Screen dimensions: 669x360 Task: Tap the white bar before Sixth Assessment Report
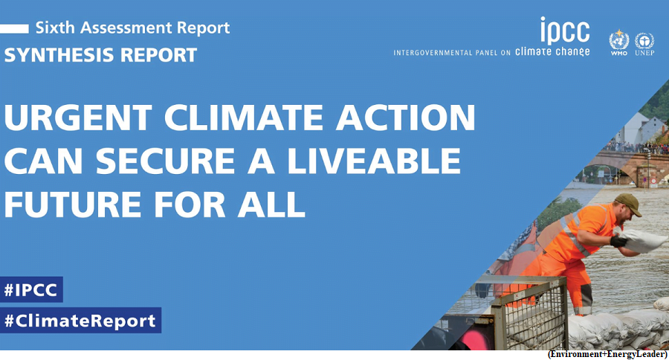click(14, 28)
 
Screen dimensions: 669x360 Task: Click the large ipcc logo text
click(565, 30)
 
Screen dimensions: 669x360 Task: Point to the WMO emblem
click(618, 42)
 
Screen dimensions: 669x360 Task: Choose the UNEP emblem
click(644, 44)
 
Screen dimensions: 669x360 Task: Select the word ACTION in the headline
click(405, 117)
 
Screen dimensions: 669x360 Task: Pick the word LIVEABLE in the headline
click(374, 161)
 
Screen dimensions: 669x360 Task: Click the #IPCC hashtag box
click(31, 289)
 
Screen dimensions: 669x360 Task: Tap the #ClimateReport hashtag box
click(80, 321)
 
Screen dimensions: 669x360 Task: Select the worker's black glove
click(618, 242)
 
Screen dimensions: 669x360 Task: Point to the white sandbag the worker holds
click(642, 240)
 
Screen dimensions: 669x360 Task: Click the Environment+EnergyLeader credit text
click(607, 355)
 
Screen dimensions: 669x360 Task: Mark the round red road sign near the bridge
click(653, 181)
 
